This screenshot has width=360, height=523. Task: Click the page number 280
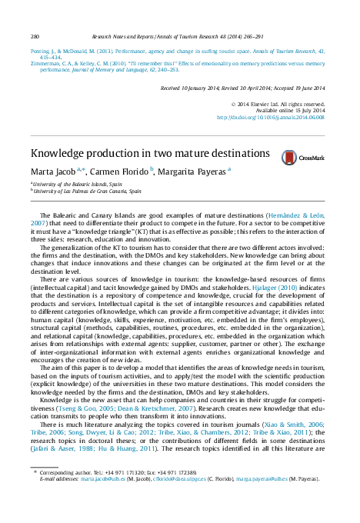click(x=35, y=36)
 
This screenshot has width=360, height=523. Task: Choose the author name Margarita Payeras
click(x=193, y=172)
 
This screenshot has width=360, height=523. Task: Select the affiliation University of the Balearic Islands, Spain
click(x=78, y=185)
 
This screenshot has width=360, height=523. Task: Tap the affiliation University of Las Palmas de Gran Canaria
click(x=88, y=191)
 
